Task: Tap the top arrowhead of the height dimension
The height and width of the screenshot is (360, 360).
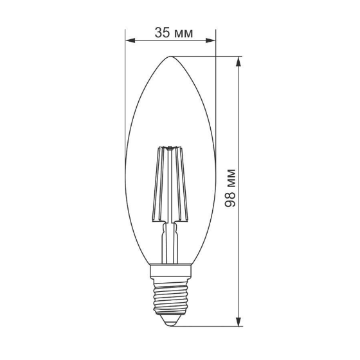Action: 239,61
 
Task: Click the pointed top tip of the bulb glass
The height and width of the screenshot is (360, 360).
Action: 170,57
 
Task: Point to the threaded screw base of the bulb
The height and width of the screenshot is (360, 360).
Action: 170,298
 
